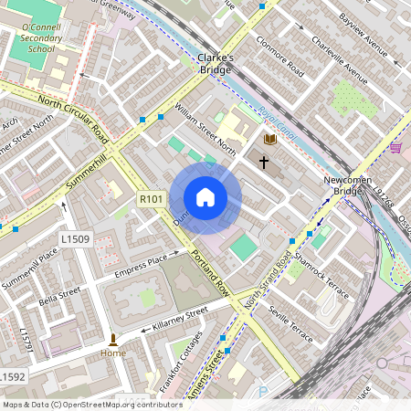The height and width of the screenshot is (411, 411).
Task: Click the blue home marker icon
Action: click(x=205, y=197)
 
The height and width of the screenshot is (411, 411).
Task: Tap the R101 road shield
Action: click(x=151, y=198)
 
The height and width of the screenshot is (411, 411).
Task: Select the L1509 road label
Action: click(x=75, y=238)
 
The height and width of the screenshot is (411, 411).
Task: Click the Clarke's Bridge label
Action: click(x=216, y=62)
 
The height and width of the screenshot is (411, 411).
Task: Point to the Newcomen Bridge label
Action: click(x=346, y=186)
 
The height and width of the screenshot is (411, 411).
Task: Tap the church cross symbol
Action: click(x=265, y=163)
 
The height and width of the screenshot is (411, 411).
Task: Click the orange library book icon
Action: click(x=269, y=139)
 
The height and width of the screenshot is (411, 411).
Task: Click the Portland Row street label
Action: click(x=209, y=270)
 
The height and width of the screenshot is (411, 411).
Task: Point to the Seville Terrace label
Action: click(x=291, y=325)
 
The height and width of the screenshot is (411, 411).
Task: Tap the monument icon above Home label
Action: click(x=113, y=339)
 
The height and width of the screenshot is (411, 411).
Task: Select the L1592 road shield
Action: click(x=12, y=376)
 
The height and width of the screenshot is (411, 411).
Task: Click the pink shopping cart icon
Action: click(x=395, y=146)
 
